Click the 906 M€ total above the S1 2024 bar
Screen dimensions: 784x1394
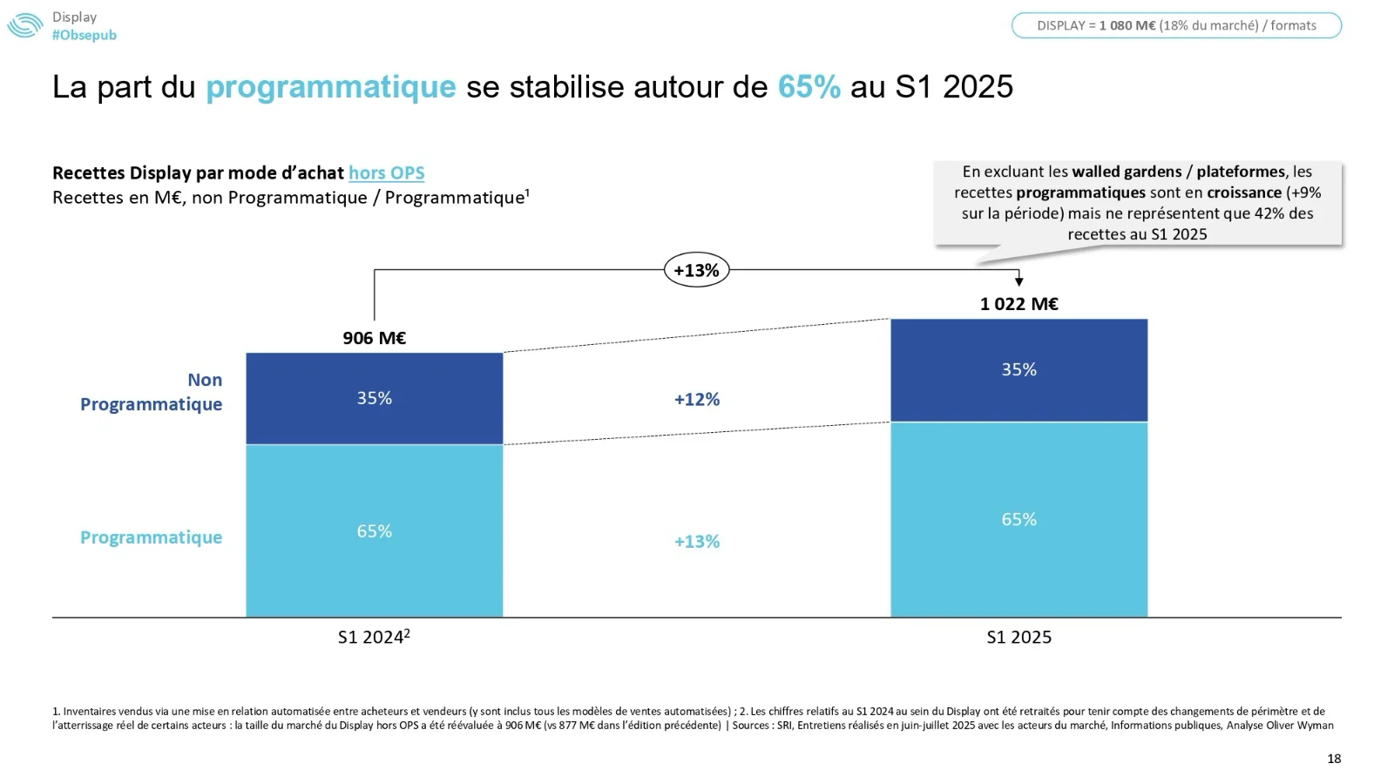pos(375,338)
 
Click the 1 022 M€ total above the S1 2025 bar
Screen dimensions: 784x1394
pos(1018,304)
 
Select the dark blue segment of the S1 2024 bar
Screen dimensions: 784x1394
pos(375,398)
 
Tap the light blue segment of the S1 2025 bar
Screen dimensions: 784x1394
pos(1018,520)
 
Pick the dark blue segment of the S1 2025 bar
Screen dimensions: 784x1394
pos(1018,370)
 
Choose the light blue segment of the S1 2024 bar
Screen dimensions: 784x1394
pos(375,531)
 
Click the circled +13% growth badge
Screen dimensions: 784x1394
pos(696,270)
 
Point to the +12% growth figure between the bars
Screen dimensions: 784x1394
pos(697,400)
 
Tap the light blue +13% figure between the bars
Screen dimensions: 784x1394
pos(697,542)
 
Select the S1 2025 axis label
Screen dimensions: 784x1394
pos(1018,638)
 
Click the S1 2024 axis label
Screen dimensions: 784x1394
pos(374,638)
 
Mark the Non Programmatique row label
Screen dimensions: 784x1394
pos(152,392)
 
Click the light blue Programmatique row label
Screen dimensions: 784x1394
pos(152,537)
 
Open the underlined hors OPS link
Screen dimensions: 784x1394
pos(387,173)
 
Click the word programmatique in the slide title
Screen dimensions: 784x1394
pos(331,87)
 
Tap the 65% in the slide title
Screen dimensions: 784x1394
pos(809,87)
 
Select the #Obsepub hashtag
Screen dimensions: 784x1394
pos(85,36)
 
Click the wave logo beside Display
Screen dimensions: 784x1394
pos(25,26)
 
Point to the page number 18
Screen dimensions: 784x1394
pos(1334,759)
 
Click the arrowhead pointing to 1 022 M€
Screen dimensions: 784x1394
pos(1019,281)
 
